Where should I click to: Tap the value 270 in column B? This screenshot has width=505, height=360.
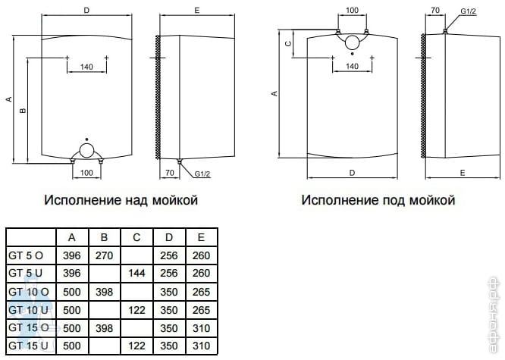(x=104, y=255)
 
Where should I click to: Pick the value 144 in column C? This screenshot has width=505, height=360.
(x=137, y=273)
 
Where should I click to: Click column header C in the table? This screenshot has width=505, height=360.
(x=137, y=236)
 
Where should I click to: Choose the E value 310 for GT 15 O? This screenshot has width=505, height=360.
(x=201, y=327)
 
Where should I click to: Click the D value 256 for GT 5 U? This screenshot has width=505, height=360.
(x=169, y=273)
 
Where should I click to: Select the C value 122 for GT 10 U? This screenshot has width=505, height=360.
(x=137, y=309)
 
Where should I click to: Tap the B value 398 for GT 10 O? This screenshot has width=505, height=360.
(x=104, y=291)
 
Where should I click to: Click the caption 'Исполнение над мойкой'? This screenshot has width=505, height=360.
(x=121, y=200)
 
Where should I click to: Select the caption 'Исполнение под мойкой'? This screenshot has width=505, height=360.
(x=378, y=200)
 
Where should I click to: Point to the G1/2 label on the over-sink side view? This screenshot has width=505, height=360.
(x=202, y=174)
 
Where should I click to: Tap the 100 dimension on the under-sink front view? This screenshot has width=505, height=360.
(x=352, y=11)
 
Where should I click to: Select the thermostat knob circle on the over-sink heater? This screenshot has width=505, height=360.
(x=88, y=150)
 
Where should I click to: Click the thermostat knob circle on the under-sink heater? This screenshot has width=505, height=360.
(x=352, y=43)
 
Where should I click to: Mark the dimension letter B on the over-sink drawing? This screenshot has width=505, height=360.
(x=24, y=111)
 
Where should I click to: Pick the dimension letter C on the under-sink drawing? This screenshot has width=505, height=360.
(x=288, y=44)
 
